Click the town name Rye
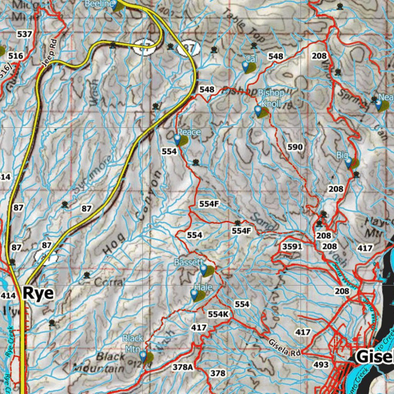(x=38, y=293)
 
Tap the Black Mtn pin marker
(x=144, y=356)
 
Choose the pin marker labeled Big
(x=349, y=163)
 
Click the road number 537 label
(x=24, y=34)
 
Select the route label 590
(x=295, y=147)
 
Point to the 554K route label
(x=218, y=314)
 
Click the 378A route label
(x=182, y=367)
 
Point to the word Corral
(x=108, y=282)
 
